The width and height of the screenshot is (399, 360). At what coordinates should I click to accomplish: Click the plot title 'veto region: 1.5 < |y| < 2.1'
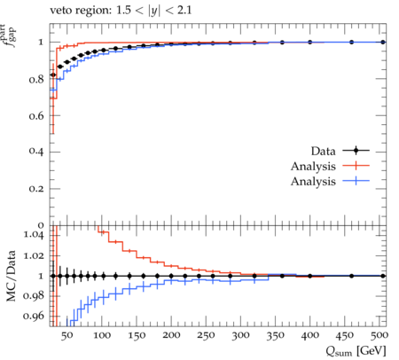point(121,11)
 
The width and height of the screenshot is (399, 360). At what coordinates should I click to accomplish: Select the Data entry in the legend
point(340,151)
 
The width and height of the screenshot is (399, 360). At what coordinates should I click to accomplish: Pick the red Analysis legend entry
point(330,166)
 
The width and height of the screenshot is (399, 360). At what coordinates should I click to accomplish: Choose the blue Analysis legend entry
point(330,181)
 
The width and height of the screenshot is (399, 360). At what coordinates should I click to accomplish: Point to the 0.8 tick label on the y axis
point(36,79)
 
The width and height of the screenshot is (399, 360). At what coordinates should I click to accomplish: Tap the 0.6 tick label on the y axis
point(36,116)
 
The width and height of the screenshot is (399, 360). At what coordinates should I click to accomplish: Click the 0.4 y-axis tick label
point(36,153)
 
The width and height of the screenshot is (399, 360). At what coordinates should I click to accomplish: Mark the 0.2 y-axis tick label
point(36,189)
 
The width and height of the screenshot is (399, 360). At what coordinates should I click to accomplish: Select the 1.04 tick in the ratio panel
point(34,235)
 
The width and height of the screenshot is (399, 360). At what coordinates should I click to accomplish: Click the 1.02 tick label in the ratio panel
point(34,255)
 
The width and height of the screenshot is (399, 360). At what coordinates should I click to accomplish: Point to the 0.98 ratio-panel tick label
point(34,296)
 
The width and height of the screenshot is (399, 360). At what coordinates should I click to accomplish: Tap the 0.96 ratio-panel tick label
point(34,316)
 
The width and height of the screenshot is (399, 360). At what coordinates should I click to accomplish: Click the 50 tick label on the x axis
point(66,335)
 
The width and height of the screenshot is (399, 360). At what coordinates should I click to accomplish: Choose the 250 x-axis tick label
point(206,335)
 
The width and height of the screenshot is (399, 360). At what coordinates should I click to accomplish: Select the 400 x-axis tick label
point(310,335)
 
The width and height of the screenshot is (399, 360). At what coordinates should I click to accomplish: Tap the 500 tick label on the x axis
point(379,335)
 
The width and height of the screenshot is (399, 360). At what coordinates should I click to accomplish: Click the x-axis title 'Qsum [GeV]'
point(356,351)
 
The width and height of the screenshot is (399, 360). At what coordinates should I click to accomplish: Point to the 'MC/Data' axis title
point(11,276)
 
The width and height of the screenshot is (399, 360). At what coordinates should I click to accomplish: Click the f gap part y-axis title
point(10,35)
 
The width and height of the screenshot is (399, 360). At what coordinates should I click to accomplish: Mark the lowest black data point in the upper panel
point(53,75)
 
